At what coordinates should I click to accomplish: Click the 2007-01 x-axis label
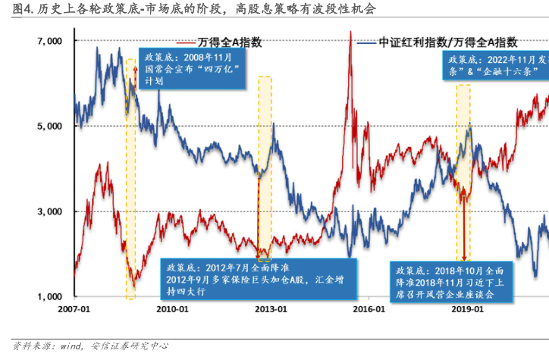click(x=74, y=309)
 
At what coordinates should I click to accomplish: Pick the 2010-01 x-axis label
click(x=172, y=309)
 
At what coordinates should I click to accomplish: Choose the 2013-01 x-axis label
click(x=271, y=309)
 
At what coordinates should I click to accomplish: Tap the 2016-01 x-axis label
click(x=369, y=309)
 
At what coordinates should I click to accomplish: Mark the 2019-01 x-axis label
click(x=468, y=309)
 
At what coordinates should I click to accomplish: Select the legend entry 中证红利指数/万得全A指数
click(x=448, y=42)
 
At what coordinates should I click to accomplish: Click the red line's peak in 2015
click(x=350, y=33)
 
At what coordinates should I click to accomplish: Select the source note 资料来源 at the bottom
click(x=91, y=346)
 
